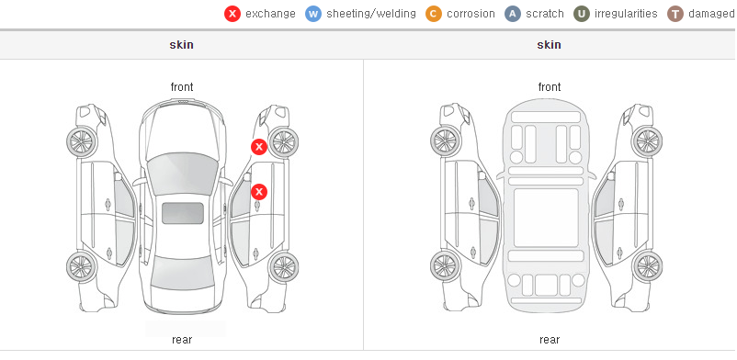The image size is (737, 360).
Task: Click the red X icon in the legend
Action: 232,14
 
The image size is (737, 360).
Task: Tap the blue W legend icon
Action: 313,14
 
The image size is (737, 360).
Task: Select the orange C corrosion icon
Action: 434,14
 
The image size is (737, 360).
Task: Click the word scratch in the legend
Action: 545,14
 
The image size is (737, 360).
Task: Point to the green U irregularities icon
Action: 582,14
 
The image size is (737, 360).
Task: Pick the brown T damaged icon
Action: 675,14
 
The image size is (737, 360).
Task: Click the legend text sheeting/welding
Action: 371,14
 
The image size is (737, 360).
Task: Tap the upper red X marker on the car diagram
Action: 259,147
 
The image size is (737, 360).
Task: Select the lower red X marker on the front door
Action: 259,192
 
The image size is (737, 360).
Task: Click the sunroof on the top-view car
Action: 183,213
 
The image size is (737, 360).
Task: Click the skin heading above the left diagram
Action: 181,45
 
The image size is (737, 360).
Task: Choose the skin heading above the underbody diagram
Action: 549,45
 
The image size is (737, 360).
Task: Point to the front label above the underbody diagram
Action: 550,87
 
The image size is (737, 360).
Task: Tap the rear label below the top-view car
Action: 182,340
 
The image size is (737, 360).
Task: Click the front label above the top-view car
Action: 182,87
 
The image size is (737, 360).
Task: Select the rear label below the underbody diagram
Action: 550,340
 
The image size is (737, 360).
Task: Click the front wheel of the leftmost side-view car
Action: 82,142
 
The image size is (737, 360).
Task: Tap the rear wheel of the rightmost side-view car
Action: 647,267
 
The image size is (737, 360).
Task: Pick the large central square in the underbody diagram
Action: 546,218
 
